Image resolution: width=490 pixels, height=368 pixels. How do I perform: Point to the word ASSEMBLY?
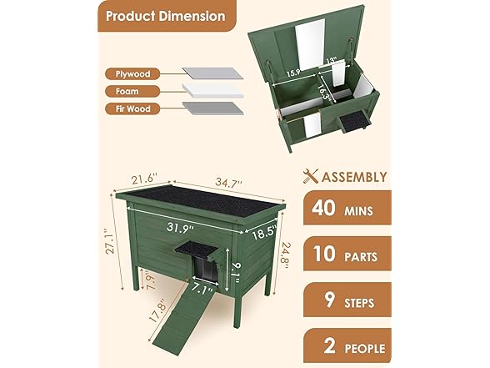(353, 177)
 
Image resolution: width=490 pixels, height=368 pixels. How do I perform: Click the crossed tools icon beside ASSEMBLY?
(310, 176)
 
